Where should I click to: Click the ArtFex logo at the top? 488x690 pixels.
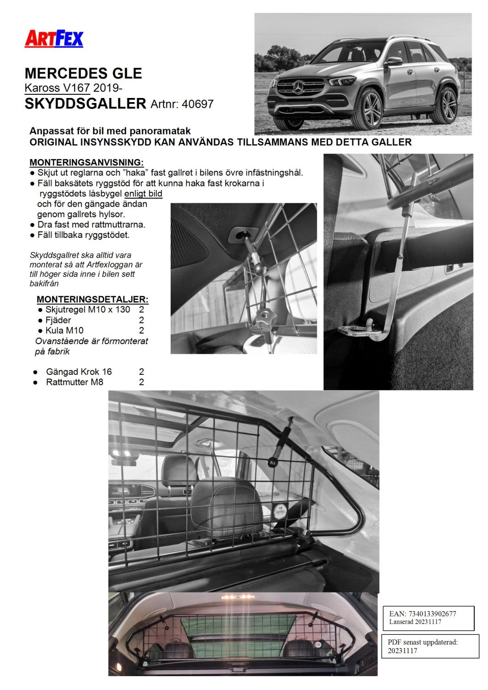tap(54, 39)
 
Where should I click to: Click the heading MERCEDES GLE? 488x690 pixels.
tap(83, 74)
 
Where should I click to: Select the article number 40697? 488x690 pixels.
tap(198, 104)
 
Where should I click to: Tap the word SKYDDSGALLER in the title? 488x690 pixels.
tap(85, 103)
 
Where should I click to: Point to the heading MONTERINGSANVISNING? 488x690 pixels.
tap(86, 162)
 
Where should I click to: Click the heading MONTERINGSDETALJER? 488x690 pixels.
tap(92, 299)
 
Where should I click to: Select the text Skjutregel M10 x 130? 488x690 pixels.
tap(87, 310)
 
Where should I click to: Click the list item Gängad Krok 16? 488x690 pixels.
tap(79, 372)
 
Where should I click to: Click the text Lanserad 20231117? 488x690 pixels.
tap(415, 621)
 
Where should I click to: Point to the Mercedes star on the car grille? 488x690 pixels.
tap(298, 86)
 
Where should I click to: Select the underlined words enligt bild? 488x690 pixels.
tap(143, 193)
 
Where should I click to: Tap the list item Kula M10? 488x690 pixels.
tap(64, 330)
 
